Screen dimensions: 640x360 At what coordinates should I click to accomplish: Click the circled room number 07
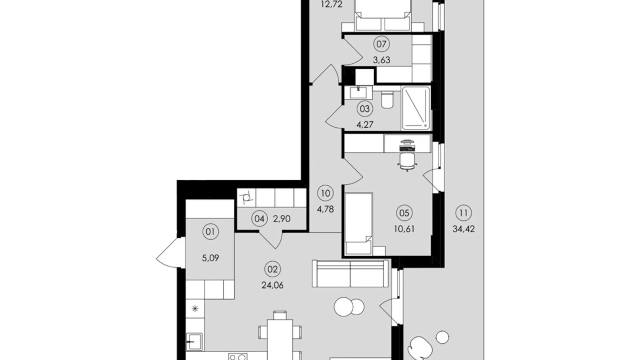[381, 44]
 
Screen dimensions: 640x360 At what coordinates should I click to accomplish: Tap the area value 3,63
[381, 60]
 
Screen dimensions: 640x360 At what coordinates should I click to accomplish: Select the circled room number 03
[365, 109]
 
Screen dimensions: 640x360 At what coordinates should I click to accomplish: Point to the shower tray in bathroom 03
[415, 108]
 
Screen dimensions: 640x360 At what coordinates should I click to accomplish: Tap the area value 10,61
[404, 229]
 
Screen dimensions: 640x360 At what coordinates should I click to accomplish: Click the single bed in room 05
[359, 224]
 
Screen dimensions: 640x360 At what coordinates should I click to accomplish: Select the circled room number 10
[325, 193]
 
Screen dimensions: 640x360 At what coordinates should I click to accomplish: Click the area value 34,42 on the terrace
[464, 229]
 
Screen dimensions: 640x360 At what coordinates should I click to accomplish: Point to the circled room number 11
[464, 213]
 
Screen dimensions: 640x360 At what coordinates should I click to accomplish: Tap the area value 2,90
[282, 219]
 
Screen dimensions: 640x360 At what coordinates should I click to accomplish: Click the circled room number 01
[210, 232]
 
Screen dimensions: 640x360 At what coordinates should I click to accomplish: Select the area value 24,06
[273, 285]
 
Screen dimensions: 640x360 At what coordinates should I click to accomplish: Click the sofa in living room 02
[350, 273]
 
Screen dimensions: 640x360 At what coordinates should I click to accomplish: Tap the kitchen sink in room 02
[194, 342]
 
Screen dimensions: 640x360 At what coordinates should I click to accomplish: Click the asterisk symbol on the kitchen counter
[195, 308]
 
